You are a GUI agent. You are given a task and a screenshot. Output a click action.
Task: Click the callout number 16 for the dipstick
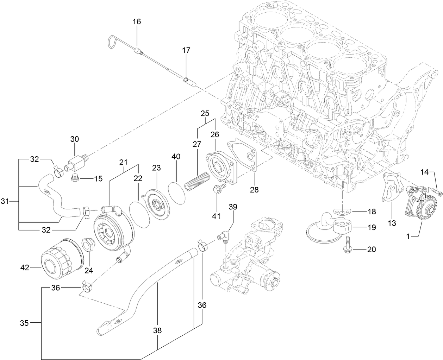137,22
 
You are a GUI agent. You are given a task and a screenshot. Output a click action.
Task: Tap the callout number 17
186,51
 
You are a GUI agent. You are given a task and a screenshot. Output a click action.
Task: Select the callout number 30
75,139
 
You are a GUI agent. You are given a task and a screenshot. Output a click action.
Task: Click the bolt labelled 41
217,189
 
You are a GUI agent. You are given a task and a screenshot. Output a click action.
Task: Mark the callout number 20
371,250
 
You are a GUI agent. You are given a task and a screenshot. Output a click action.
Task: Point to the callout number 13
392,223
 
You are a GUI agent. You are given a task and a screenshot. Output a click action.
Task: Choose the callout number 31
5,201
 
